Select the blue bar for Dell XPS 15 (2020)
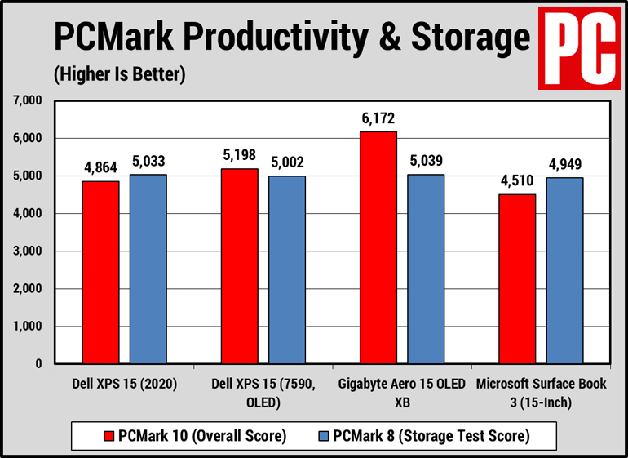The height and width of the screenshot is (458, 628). pyautogui.click(x=148, y=269)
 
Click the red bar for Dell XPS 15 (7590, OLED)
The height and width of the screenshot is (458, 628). pyautogui.click(x=239, y=266)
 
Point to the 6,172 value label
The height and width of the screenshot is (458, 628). pyautogui.click(x=378, y=118)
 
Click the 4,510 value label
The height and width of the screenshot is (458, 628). pyautogui.click(x=517, y=181)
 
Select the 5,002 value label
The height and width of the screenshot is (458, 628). pyautogui.click(x=286, y=162)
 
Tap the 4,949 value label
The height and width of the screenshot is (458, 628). pyautogui.click(x=565, y=164)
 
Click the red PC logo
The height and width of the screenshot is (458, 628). pyautogui.click(x=580, y=47)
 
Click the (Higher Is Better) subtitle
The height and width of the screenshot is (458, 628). pyautogui.click(x=120, y=75)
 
